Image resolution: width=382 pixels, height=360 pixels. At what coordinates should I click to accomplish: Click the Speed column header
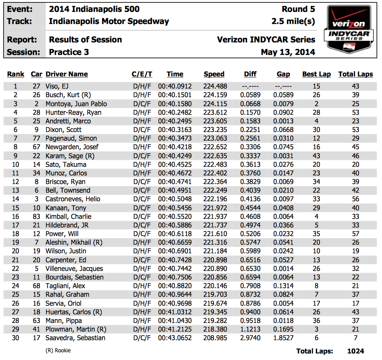click(x=214, y=74)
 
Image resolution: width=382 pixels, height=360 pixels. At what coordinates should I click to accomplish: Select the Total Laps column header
click(x=355, y=74)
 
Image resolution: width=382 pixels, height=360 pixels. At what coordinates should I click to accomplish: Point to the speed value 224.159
click(x=214, y=95)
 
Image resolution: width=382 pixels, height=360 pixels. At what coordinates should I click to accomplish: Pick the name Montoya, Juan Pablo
click(x=76, y=104)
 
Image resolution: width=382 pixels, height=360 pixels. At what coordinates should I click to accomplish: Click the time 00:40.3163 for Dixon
click(x=175, y=130)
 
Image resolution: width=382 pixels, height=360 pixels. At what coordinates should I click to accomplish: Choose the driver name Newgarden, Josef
click(x=72, y=147)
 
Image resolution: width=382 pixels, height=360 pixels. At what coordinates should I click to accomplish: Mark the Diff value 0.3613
click(x=250, y=164)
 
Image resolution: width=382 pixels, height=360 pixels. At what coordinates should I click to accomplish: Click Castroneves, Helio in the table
click(x=73, y=199)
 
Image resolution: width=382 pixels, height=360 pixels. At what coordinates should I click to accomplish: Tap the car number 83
click(x=37, y=216)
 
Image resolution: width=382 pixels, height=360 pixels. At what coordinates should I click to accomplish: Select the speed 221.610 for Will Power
click(x=214, y=234)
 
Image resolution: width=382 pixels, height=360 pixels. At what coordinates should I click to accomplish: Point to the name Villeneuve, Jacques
click(x=74, y=268)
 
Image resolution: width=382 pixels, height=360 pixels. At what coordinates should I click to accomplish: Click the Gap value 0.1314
click(x=283, y=286)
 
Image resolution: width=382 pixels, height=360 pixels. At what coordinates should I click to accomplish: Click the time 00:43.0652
click(x=175, y=338)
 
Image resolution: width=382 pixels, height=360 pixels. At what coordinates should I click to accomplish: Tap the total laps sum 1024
click(x=355, y=351)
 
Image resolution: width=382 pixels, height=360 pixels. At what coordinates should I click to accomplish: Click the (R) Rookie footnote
click(x=58, y=350)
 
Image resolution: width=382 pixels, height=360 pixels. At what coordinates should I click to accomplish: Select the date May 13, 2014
click(x=288, y=52)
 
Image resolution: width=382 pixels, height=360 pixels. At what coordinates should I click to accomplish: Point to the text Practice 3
click(x=69, y=52)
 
